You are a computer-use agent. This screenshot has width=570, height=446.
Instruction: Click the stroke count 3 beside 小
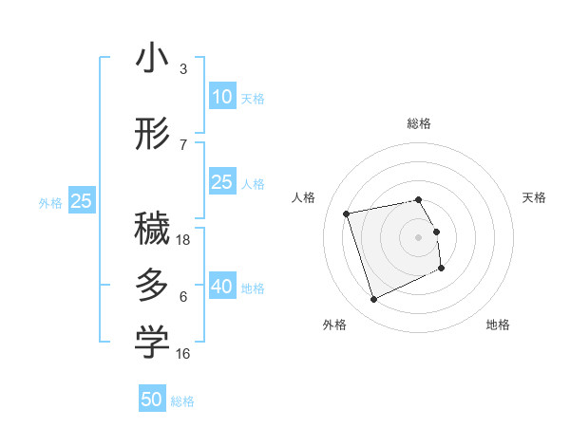(182, 69)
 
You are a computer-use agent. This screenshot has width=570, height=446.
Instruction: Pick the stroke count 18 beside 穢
(184, 240)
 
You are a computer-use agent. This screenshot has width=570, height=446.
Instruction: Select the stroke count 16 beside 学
(184, 353)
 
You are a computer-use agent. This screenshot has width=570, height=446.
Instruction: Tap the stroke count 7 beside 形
(182, 144)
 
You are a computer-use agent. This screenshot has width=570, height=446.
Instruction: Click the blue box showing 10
(221, 97)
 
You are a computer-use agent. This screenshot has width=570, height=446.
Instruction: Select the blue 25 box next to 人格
(221, 183)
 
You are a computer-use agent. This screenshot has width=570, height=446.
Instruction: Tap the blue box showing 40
(221, 288)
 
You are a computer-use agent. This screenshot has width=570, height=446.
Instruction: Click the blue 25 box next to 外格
(81, 201)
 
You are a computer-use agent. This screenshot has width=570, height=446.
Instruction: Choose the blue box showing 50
(152, 400)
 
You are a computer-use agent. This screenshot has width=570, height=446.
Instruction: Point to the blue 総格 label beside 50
(182, 401)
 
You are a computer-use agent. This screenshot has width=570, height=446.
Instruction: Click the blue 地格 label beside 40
(253, 288)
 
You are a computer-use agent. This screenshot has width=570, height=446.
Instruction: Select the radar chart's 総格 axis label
(419, 123)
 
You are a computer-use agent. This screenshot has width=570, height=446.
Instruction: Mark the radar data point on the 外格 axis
(373, 300)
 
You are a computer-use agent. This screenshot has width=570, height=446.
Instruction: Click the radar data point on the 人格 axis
(347, 213)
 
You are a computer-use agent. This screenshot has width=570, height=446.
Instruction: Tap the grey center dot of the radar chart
(419, 236)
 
